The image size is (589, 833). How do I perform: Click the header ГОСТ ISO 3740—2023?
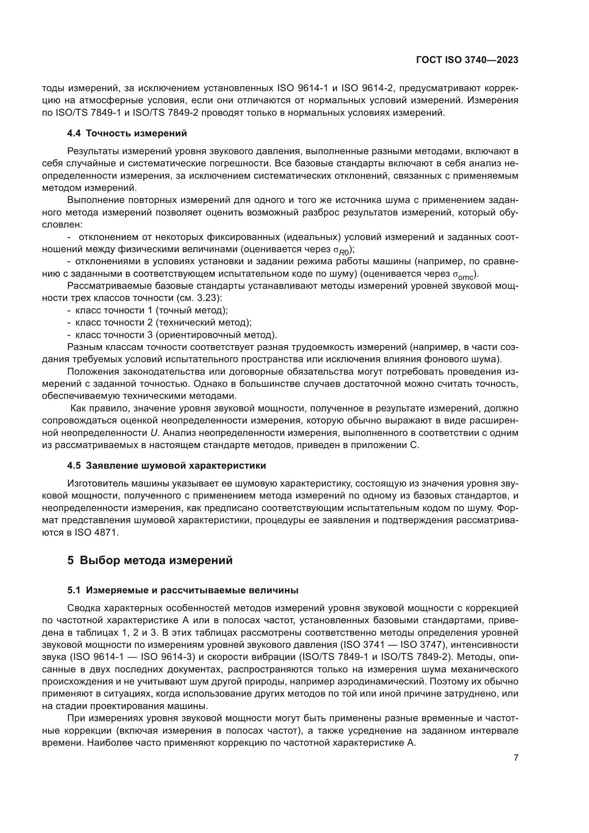467,60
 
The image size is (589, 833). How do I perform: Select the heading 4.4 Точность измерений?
127,134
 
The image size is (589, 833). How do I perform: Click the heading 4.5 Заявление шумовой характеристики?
166,465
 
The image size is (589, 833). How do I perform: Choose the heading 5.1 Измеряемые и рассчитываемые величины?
183,590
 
